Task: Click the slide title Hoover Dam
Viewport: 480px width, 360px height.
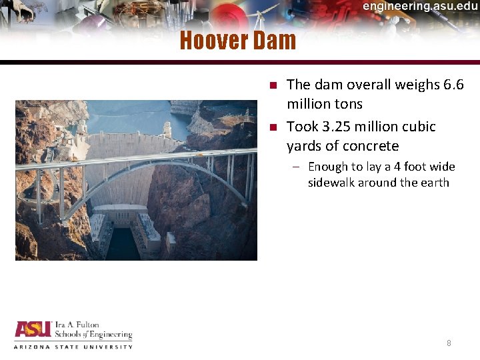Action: [x=237, y=41]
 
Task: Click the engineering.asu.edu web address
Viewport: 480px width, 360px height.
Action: [x=420, y=6]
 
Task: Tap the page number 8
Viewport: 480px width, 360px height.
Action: [x=449, y=343]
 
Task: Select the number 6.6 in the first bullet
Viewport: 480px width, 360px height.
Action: [x=453, y=85]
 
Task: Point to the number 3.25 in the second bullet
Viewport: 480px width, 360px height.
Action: [x=333, y=127]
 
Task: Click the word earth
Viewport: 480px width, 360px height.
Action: [x=436, y=183]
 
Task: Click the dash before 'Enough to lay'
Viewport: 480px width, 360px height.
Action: [x=295, y=167]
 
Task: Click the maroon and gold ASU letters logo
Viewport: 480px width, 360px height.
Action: [x=33, y=331]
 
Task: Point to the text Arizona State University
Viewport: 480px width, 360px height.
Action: [x=73, y=346]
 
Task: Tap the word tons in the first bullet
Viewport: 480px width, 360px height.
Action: [x=350, y=104]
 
